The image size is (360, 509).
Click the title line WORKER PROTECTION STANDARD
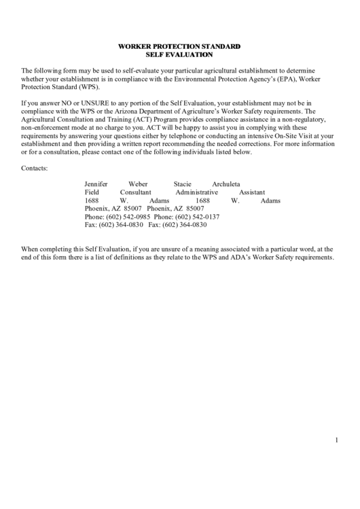[x=179, y=46]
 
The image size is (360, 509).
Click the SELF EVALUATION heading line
[x=179, y=54]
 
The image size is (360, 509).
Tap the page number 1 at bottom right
[x=336, y=440]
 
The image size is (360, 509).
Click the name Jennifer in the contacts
[x=96, y=184]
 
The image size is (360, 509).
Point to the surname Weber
[x=138, y=184]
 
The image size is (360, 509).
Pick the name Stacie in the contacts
[x=182, y=184]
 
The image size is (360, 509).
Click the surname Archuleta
[x=226, y=184]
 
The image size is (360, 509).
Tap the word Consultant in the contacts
[x=136, y=192]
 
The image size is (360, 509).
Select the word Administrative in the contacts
[x=196, y=192]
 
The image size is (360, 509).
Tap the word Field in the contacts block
[x=92, y=192]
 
